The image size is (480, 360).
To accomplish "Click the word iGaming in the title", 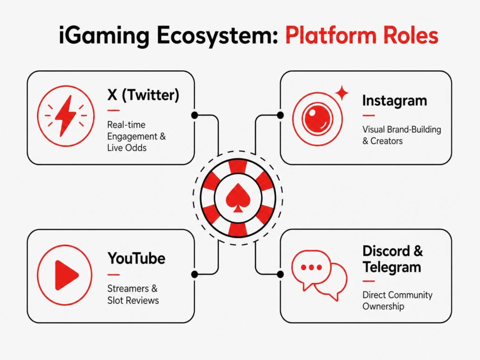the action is tap(104, 36).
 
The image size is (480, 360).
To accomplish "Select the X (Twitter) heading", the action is tap(143, 95).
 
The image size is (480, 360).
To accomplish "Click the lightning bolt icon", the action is tap(66, 116).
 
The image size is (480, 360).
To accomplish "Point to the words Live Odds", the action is tap(127, 148).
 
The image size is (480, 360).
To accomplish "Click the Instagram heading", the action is tap(395, 101).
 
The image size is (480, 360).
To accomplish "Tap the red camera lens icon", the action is tap(317, 119).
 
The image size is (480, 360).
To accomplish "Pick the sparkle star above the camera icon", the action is tap(342, 92).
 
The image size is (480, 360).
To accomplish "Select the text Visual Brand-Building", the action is tap(402, 129).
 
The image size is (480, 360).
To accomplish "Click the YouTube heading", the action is tap(136, 258).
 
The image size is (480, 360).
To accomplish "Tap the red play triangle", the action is tap(67, 275).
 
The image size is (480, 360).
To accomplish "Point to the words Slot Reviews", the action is tap(133, 300).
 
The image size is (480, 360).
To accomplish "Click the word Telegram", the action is tap(392, 267).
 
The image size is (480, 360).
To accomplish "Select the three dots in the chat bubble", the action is tap(311, 268).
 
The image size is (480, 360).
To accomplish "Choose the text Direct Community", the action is tap(397, 295).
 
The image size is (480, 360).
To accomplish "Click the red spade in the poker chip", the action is tap(238, 198).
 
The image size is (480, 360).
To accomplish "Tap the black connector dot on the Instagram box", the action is tap(280, 115).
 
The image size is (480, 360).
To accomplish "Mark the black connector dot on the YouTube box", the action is tap(195, 274).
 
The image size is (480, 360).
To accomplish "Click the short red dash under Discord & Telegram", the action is tap(368, 281).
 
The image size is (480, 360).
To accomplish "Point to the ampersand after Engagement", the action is tap(163, 136).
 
